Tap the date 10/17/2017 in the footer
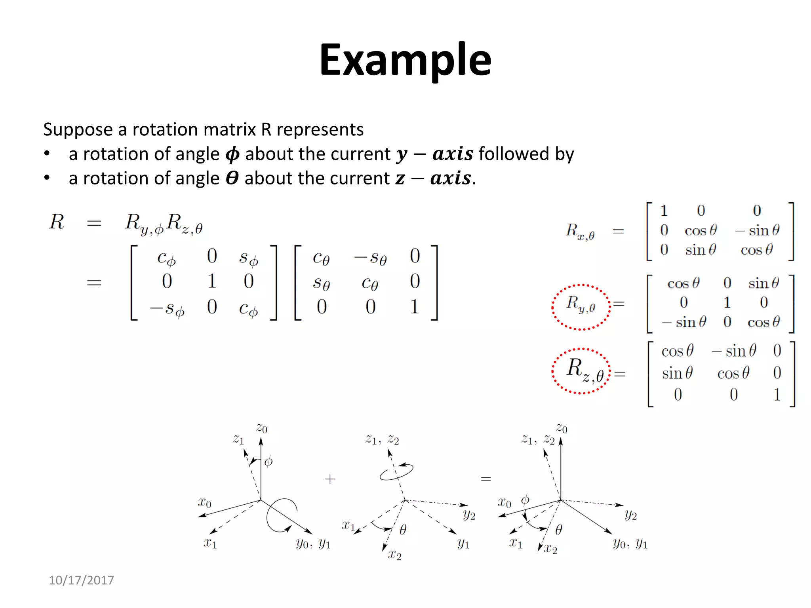[81, 580]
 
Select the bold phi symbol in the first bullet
[232, 154]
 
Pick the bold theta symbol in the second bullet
[232, 179]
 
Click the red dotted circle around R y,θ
[581, 307]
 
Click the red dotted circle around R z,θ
[581, 371]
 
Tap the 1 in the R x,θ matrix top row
[664, 211]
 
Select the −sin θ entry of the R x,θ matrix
[757, 230]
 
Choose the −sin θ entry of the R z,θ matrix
[734, 351]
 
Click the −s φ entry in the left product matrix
[167, 308]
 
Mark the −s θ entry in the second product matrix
[370, 258]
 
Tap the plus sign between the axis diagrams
[330, 479]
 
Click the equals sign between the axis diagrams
[486, 479]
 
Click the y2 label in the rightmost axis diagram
[630, 515]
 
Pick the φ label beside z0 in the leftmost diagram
[268, 462]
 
